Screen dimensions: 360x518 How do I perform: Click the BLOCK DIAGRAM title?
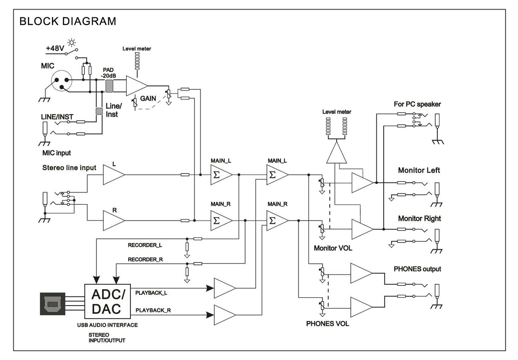68,22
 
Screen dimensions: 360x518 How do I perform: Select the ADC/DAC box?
108,302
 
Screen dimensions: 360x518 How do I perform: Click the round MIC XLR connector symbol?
62,81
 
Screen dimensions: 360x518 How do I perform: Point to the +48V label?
55,48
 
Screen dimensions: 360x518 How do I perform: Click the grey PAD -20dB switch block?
109,86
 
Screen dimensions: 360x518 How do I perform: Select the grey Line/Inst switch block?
99,111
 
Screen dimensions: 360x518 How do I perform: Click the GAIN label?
148,99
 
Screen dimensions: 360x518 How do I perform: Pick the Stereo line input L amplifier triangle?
113,175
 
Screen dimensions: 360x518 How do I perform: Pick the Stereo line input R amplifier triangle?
113,220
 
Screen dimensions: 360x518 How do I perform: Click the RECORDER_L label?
145,245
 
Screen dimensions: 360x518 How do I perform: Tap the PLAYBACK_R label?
153,310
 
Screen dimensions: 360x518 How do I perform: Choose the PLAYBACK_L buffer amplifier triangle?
223,288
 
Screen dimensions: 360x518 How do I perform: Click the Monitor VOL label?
333,248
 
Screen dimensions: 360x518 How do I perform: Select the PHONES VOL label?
327,324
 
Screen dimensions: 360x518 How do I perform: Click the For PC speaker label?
417,104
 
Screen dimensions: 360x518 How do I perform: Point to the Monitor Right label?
419,219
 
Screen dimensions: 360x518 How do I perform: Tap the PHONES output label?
417,269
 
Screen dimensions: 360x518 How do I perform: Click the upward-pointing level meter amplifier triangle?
337,153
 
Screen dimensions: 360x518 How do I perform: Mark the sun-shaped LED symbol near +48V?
72,43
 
